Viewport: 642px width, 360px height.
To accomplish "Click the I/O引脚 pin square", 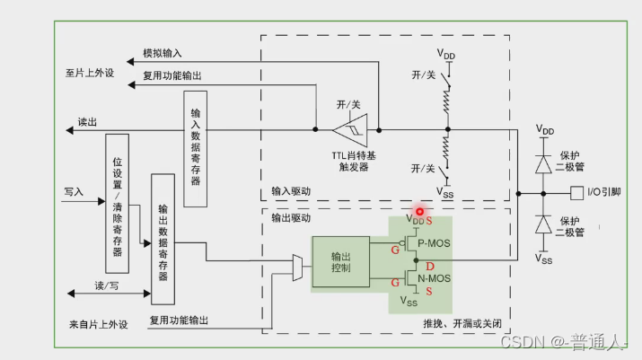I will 576,192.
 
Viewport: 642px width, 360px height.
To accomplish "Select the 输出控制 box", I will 340,263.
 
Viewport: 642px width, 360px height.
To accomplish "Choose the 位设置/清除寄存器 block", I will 118,203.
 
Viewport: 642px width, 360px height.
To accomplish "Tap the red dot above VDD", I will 419,210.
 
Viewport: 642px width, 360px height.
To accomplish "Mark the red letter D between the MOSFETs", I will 430,267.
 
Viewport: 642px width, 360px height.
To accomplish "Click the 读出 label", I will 88,122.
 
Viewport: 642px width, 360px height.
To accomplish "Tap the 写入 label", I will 74,191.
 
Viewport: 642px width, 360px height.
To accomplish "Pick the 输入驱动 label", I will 292,190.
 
